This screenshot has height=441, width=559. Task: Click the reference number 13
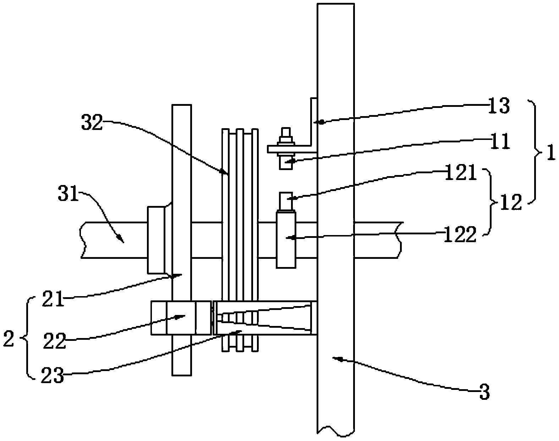click(x=499, y=106)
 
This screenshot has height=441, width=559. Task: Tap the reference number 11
click(x=499, y=141)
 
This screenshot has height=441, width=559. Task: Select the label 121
click(x=461, y=172)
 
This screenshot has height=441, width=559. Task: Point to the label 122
click(x=460, y=234)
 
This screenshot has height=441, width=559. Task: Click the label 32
click(x=92, y=123)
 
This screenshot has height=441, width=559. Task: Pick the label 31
click(x=68, y=192)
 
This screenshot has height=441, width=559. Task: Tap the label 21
click(x=53, y=299)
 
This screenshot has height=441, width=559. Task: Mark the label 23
click(x=52, y=375)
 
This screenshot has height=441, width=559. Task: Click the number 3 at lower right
click(x=484, y=392)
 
